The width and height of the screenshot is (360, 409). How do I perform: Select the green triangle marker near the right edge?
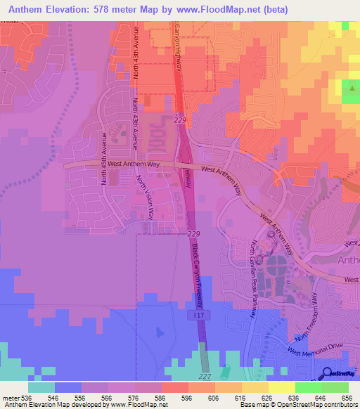coord(350,89)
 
